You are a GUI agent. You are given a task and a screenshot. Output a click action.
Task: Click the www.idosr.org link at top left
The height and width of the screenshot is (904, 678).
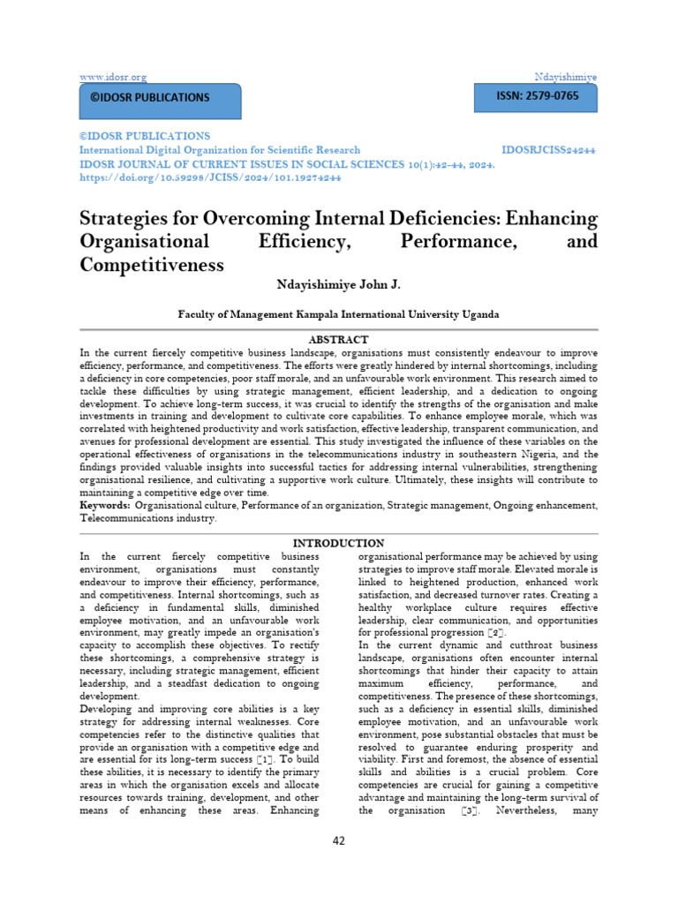(x=113, y=78)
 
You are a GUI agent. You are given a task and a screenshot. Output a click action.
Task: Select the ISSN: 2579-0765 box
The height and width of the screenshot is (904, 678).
(x=535, y=96)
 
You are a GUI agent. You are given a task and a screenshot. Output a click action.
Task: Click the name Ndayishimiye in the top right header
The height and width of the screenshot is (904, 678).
(x=565, y=78)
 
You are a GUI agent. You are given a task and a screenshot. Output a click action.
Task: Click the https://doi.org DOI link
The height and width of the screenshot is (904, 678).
(x=210, y=177)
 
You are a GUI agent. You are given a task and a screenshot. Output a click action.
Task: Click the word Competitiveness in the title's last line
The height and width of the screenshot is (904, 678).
(x=152, y=264)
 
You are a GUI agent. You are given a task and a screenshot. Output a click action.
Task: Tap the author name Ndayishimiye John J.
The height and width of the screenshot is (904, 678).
(x=338, y=285)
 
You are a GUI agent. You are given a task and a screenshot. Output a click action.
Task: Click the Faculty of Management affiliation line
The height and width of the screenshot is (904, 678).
(x=338, y=314)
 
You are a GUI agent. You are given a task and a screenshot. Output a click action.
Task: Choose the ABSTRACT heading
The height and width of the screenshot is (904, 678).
(x=338, y=339)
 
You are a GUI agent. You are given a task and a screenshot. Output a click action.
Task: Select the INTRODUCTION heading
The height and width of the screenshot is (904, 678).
(x=338, y=543)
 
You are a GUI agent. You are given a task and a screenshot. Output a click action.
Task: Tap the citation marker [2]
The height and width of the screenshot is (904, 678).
(x=497, y=634)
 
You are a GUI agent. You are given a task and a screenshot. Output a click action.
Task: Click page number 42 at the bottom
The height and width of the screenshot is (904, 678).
(x=339, y=841)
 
